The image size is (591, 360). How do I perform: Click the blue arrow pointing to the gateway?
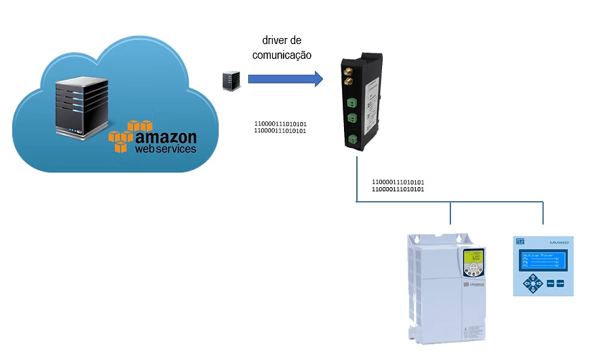click(285, 79)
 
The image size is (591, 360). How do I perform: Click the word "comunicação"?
click(282, 56)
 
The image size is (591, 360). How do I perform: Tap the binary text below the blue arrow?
click(280, 127)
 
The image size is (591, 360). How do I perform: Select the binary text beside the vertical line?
click(398, 186)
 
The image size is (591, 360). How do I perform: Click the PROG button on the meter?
click(550, 283)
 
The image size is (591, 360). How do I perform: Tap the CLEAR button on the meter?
click(560, 283)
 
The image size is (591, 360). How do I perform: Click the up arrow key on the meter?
click(533, 277)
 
